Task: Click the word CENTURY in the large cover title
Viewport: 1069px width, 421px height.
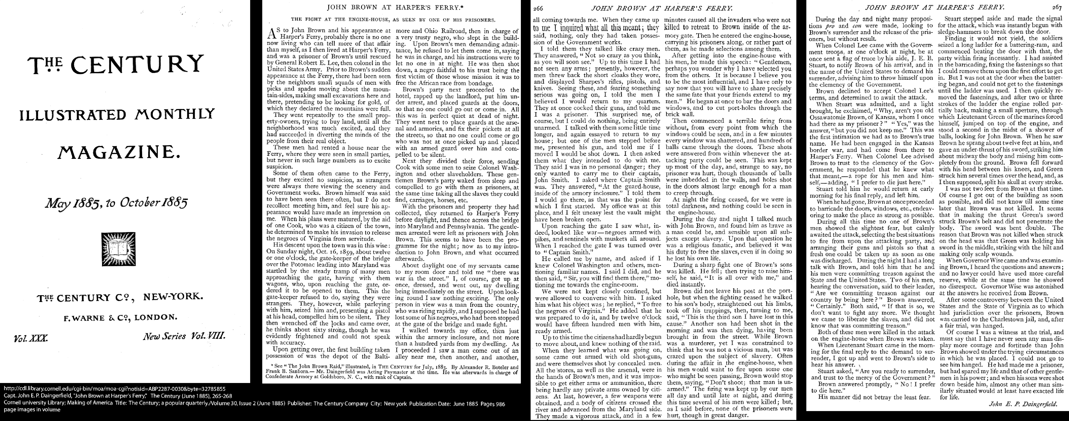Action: coord(137,65)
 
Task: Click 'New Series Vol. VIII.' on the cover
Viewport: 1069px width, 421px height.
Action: coord(184,336)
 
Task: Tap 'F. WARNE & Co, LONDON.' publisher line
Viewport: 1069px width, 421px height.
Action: coord(120,318)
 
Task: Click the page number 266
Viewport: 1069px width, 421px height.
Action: coord(538,8)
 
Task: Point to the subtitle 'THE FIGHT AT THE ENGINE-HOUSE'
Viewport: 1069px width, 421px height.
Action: coord(393,19)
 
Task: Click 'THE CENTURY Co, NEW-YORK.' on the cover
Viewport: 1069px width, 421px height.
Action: coord(120,298)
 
